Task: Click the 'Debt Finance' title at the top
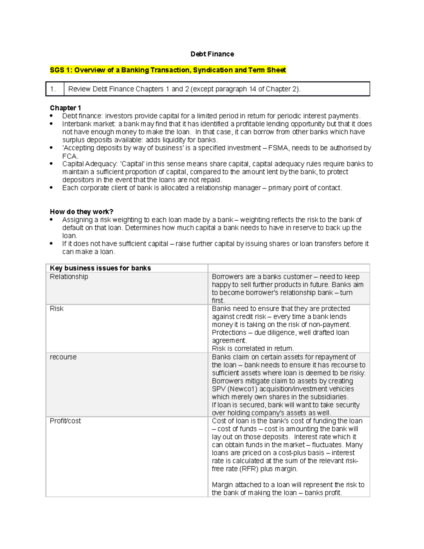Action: tap(212, 54)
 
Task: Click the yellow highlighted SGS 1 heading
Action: tap(168, 70)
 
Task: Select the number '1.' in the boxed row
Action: tap(53, 89)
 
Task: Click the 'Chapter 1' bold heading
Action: tap(65, 108)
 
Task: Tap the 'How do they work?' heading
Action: tap(81, 212)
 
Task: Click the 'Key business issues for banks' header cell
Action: tap(100, 268)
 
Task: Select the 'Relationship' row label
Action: tap(69, 277)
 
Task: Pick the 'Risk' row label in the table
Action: tap(57, 309)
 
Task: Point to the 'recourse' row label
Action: tap(63, 357)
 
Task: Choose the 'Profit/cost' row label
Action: tap(65, 421)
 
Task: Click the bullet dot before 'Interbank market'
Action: tap(52, 124)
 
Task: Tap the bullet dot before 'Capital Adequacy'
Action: tap(52, 164)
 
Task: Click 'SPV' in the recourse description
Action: tap(218, 389)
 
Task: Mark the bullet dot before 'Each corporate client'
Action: tap(52, 188)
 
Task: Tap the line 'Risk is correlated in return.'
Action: tap(253, 349)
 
